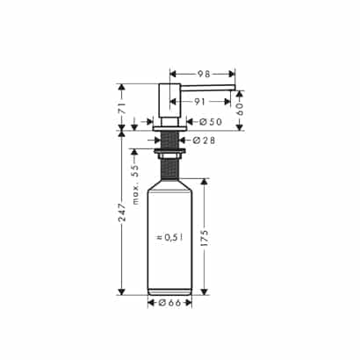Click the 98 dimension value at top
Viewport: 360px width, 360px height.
click(204, 74)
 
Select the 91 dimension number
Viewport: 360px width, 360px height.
click(199, 102)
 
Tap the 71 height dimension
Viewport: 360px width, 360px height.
click(122, 108)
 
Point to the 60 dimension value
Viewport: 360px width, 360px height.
click(240, 109)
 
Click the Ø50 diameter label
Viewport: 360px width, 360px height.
click(211, 122)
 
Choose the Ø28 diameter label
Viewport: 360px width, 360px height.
click(205, 140)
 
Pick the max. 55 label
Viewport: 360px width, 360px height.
click(135, 184)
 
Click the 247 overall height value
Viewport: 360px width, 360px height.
click(122, 212)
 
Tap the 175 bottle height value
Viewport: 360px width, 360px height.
click(205, 238)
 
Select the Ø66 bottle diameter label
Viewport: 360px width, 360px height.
click(169, 303)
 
